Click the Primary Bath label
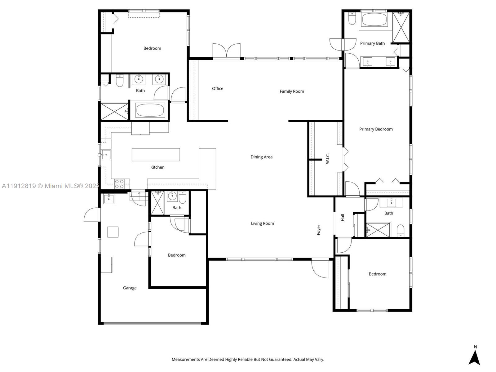tap(372, 43)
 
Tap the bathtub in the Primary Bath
tap(374, 20)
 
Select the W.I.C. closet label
tap(328, 158)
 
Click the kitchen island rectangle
tap(156, 155)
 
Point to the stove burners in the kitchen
tap(119, 184)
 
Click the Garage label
tap(130, 288)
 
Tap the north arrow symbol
tap(474, 357)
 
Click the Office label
tap(217, 89)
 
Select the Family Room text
tap(292, 91)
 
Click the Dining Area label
tap(261, 157)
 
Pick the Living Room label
tap(262, 224)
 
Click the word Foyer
tap(318, 230)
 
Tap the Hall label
tap(343, 218)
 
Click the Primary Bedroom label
tap(376, 129)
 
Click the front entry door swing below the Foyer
tap(320, 268)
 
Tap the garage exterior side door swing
tap(91, 215)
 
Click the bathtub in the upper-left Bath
tap(150, 110)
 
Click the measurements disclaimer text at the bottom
tap(248, 360)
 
